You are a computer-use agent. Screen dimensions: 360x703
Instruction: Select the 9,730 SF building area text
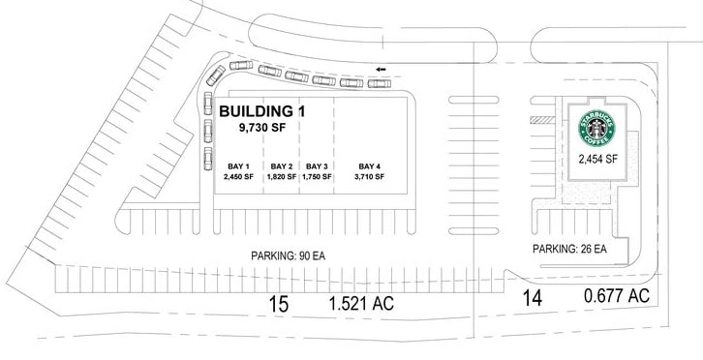point(264,127)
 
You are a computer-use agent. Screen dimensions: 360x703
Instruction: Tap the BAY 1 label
point(237,165)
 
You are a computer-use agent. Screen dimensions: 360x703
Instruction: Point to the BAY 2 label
point(282,165)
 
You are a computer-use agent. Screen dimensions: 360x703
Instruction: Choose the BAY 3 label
point(317,165)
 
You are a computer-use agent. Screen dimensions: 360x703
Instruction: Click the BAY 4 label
point(369,165)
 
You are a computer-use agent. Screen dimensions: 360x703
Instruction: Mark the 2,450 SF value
point(237,177)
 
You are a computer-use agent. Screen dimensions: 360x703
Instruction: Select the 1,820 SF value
point(282,177)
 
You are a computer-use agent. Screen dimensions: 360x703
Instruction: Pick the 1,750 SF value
point(317,177)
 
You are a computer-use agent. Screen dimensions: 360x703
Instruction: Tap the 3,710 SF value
point(369,177)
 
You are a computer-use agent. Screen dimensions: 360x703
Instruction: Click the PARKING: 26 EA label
point(569,249)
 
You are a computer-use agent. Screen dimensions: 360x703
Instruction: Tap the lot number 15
point(279,304)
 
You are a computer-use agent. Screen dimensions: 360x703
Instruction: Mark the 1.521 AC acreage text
point(359,304)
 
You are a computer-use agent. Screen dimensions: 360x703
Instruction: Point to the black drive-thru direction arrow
point(382,70)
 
